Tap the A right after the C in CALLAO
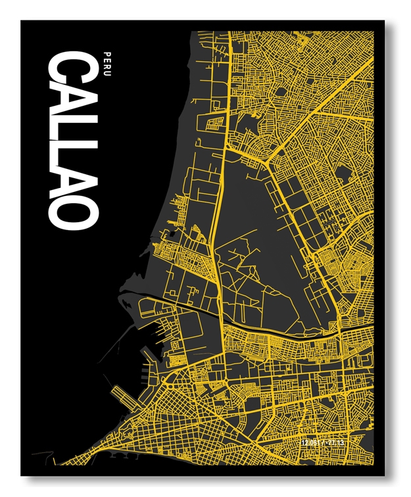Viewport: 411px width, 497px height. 72,100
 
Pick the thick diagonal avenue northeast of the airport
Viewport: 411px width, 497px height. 316,118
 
